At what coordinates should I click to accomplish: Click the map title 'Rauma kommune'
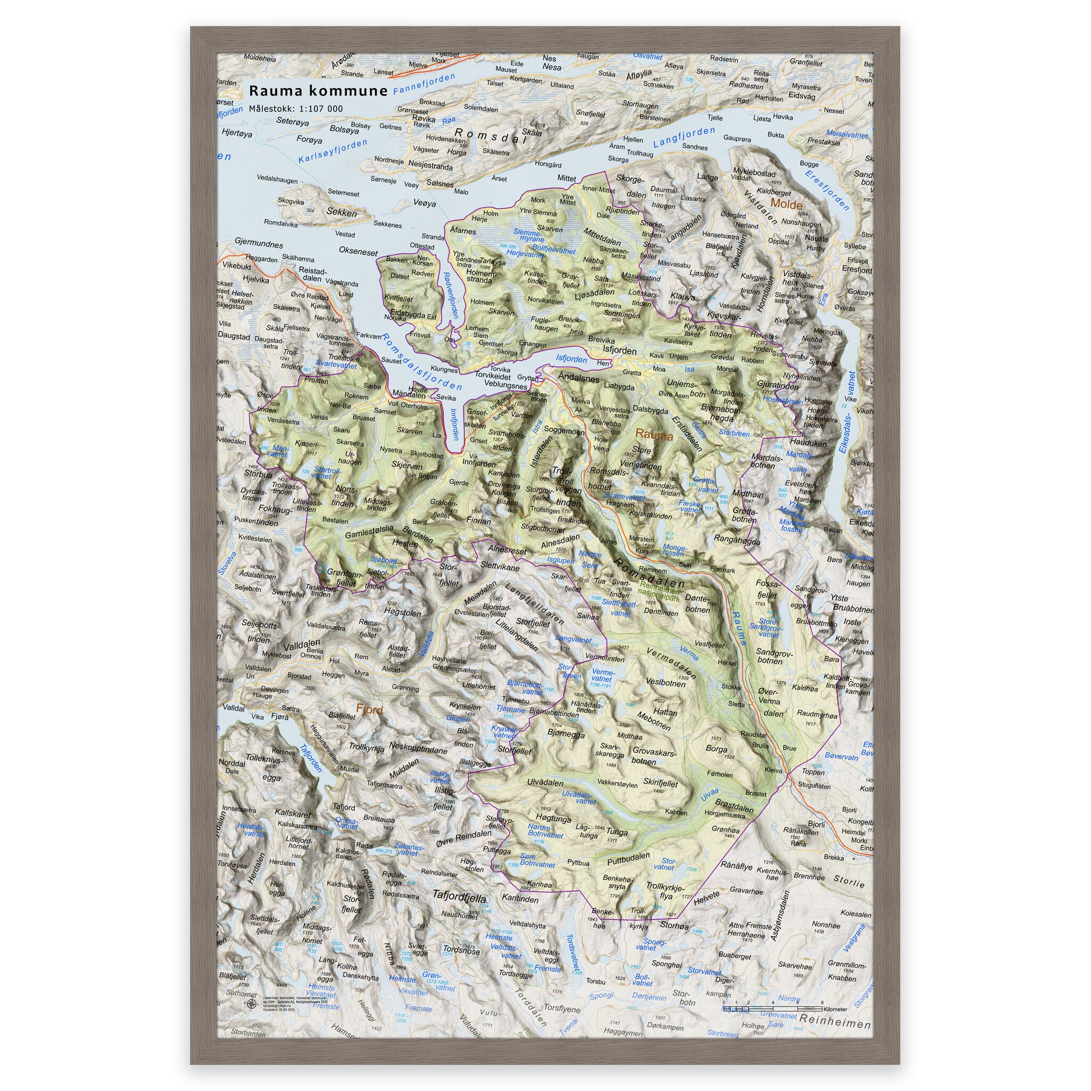tap(318, 91)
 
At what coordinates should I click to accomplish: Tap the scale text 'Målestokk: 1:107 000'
tap(295, 109)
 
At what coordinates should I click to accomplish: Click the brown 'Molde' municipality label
tap(786, 205)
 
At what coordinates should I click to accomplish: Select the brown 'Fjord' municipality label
tap(369, 710)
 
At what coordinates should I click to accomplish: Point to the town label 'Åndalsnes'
tap(578, 379)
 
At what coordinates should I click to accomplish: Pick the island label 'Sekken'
tap(341, 213)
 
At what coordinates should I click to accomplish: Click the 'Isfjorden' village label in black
tap(620, 351)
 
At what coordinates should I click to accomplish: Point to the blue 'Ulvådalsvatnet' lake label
tap(581, 798)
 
